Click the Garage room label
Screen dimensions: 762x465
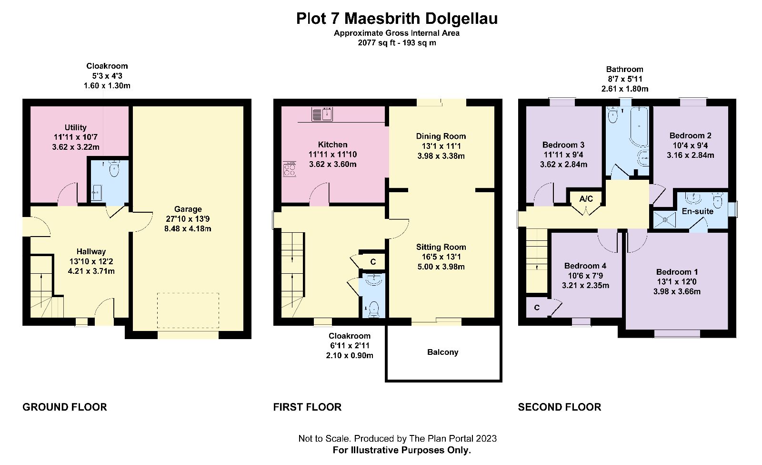tap(188, 209)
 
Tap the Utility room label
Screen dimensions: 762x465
tap(76, 127)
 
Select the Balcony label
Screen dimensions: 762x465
tap(442, 352)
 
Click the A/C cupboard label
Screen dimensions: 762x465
tap(586, 198)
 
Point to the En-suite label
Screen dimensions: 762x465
tap(697, 211)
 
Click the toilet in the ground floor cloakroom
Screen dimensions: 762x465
tap(114, 169)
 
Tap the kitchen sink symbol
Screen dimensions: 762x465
tap(322, 114)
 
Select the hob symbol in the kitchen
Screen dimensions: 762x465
tap(290, 169)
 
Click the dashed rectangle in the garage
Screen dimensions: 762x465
tap(188, 310)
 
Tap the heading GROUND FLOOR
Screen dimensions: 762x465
tap(65, 407)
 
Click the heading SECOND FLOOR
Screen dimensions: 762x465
tap(560, 407)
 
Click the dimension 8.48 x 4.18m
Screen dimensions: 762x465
tap(188, 228)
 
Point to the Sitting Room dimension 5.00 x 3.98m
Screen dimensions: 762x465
tap(441, 267)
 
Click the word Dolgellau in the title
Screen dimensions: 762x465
tap(461, 19)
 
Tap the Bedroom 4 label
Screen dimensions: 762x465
tap(585, 266)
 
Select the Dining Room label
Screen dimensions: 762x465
tap(441, 136)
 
